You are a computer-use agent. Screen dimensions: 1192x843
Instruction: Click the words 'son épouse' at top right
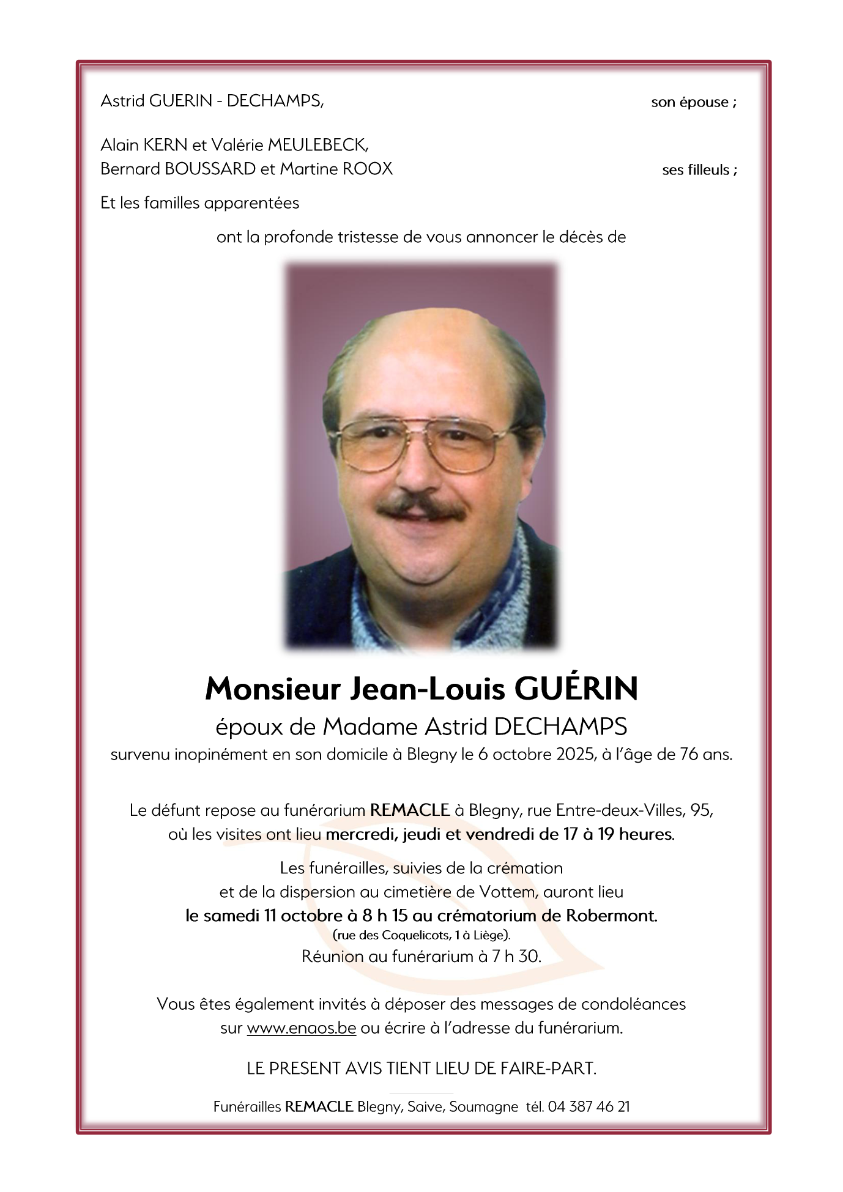689,102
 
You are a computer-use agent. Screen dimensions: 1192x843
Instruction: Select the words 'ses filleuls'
696,170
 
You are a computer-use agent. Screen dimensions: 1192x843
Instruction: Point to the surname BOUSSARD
210,169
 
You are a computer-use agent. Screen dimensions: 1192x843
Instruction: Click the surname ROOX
367,169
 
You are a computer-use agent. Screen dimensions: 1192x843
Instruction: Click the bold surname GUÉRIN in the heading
576,689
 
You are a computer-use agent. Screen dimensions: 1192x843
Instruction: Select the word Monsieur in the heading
272,689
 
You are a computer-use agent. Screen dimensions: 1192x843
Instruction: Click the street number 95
701,810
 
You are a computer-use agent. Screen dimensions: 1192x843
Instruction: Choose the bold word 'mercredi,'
362,834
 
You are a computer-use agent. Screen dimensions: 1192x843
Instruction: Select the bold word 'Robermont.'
611,916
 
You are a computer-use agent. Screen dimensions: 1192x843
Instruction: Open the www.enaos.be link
301,1028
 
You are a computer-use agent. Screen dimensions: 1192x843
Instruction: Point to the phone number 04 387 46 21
589,1106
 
